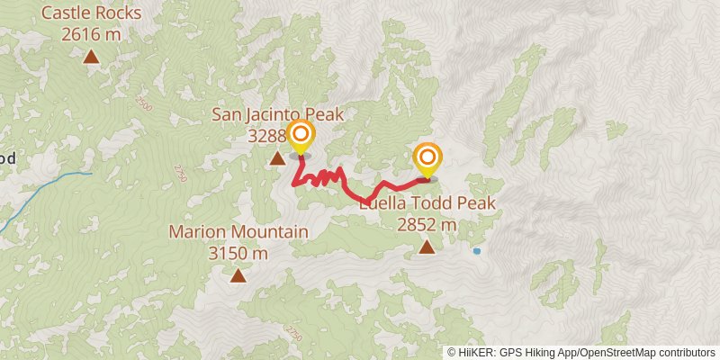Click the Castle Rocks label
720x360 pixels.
point(91,13)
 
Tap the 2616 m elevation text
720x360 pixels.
point(91,34)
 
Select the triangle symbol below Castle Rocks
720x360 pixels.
point(91,58)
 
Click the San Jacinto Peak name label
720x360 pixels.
point(278,114)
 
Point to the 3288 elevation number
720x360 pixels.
point(268,136)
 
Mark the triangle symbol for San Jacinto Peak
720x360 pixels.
point(277,159)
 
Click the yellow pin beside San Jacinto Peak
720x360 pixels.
point(301,138)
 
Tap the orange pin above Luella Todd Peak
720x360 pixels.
point(427,159)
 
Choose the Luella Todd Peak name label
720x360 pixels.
point(427,204)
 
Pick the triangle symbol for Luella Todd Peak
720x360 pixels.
point(426,247)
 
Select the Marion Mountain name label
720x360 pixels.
point(238,232)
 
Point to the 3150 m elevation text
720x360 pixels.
point(238,253)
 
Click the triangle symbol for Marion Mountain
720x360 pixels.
point(238,275)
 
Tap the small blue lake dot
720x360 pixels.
point(477,251)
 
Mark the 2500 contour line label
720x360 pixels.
point(146,105)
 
